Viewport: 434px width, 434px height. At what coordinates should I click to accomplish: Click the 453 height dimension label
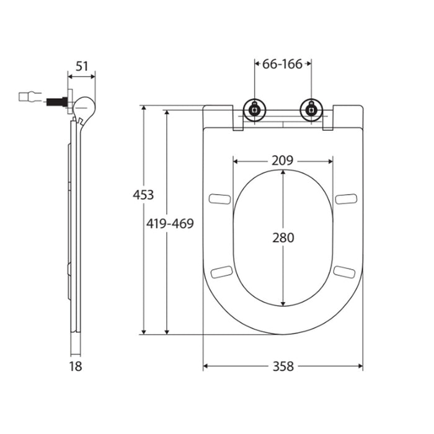tap(143, 195)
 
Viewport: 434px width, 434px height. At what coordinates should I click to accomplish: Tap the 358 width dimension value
tap(283, 366)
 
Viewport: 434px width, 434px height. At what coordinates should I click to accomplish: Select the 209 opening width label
tap(283, 160)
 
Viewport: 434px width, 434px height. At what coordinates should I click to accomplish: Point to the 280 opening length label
tap(283, 237)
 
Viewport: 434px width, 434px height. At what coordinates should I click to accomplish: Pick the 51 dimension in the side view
tap(81, 66)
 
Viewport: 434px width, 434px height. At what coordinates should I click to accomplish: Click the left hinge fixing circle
tap(254, 110)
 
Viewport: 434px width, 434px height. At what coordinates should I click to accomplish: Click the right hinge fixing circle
tap(310, 110)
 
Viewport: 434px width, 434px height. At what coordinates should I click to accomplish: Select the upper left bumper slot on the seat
tap(219, 198)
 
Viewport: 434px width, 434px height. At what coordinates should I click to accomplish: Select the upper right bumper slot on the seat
tap(346, 198)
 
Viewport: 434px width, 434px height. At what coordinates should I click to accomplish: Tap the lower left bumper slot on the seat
tap(221, 272)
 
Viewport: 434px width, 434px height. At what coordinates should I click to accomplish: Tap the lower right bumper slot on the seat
tap(344, 272)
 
